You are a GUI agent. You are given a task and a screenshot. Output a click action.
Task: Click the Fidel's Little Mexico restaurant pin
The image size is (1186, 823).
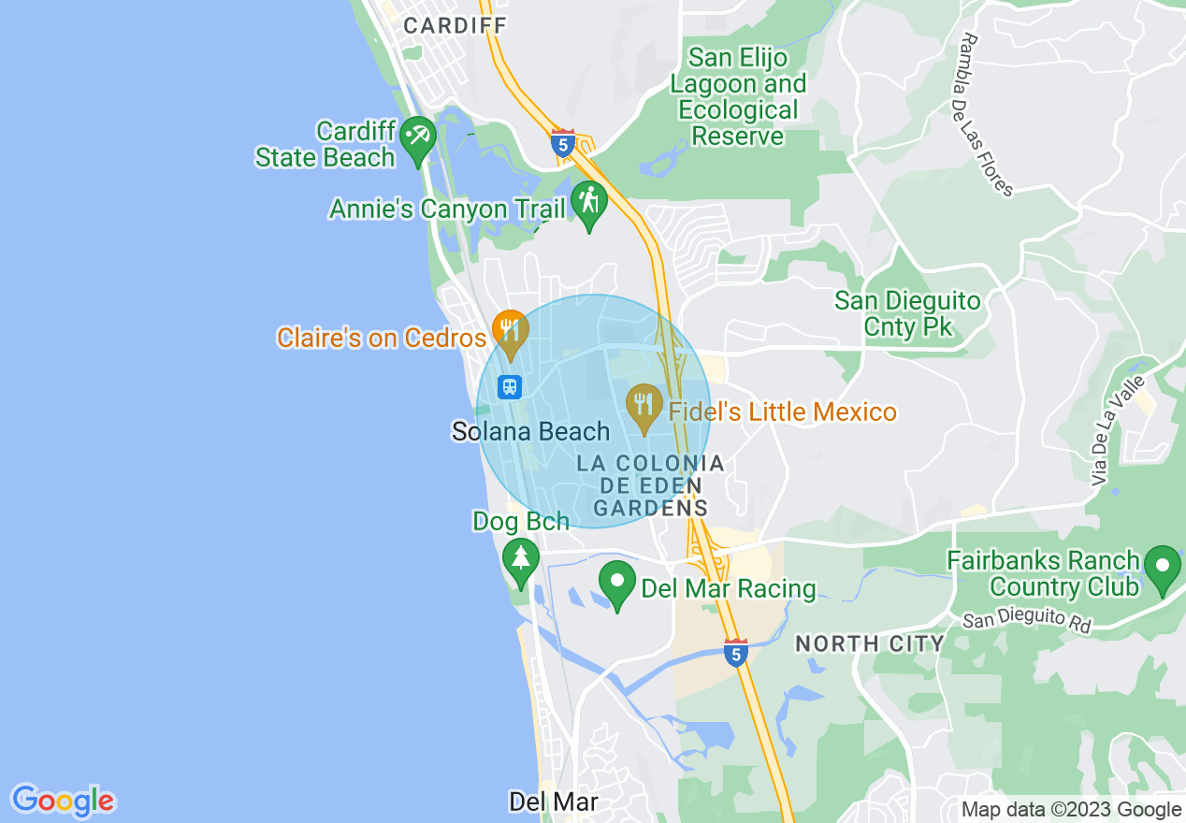(644, 405)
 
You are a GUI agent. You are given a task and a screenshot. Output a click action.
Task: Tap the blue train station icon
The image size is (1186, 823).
(510, 386)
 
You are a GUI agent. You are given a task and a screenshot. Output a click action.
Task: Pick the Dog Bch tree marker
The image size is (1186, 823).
(521, 559)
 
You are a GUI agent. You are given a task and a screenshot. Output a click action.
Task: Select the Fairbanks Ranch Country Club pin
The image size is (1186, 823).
(1163, 567)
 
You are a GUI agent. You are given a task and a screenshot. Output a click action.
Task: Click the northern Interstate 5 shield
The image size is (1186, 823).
(562, 143)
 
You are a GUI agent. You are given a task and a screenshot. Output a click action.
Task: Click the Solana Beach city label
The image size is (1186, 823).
(530, 432)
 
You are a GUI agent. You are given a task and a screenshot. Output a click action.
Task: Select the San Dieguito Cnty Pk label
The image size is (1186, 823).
(907, 314)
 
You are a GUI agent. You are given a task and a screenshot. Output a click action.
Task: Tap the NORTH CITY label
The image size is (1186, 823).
(869, 643)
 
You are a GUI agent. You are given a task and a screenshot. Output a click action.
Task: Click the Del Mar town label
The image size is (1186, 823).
(553, 801)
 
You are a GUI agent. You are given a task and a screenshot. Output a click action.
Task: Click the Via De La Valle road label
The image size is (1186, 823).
(1118, 430)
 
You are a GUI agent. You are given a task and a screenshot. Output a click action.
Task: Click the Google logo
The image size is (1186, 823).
(63, 801)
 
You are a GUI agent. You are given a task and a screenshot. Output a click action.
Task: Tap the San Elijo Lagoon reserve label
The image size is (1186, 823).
(739, 97)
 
